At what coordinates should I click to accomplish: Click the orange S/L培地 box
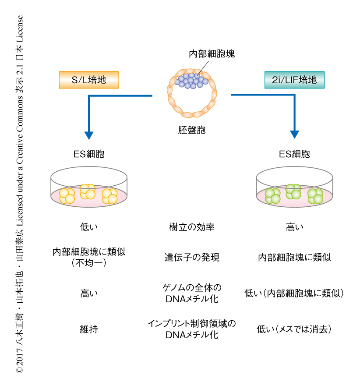[89, 80]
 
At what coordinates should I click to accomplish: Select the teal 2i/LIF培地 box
[294, 80]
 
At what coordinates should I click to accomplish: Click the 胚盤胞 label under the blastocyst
[191, 130]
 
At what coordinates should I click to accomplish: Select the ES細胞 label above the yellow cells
[89, 154]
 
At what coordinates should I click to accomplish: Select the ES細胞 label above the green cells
[294, 154]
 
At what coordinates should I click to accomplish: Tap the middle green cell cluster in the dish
[293, 191]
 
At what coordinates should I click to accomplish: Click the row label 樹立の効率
[191, 227]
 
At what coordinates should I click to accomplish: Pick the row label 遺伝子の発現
[191, 257]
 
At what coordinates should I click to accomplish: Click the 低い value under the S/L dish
[89, 227]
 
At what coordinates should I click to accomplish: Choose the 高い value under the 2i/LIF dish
[294, 227]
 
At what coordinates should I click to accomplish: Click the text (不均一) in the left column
[89, 263]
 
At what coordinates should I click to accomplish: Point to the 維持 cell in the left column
[89, 329]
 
